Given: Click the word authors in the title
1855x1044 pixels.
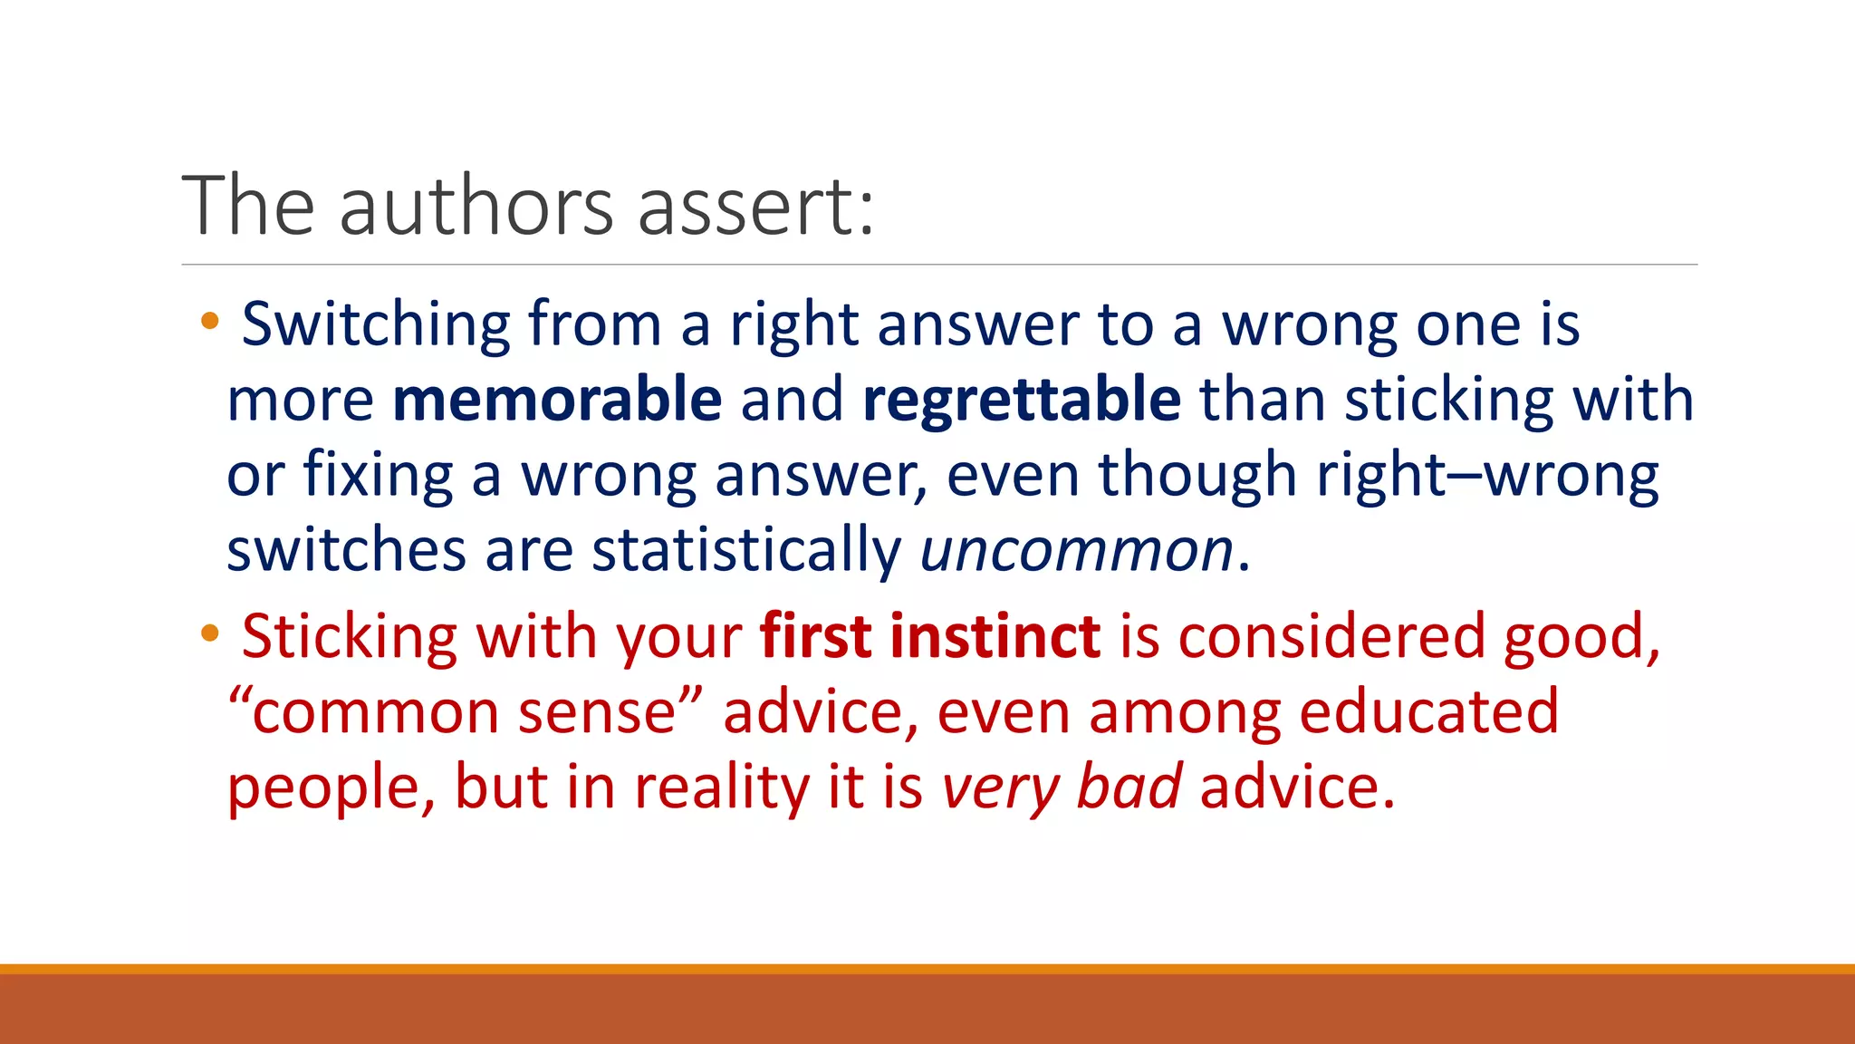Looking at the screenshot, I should tap(476, 207).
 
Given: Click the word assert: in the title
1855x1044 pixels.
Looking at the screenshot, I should tap(756, 207).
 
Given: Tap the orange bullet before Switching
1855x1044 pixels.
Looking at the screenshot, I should tap(210, 320).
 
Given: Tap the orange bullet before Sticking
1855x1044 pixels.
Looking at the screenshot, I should tap(210, 633).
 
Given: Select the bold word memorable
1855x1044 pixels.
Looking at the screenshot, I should tap(557, 399).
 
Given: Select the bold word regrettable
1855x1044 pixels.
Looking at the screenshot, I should tap(1022, 399).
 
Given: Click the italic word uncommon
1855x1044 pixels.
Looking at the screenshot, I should tap(1077, 550).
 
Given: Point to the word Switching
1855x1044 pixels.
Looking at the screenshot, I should tap(376, 324).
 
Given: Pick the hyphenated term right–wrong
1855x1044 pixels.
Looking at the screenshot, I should tap(1487, 475).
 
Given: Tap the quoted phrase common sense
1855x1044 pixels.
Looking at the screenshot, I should tap(464, 712).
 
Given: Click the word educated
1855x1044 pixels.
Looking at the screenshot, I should tap(1428, 712).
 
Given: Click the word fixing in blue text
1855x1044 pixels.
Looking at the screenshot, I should tap(377, 475).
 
